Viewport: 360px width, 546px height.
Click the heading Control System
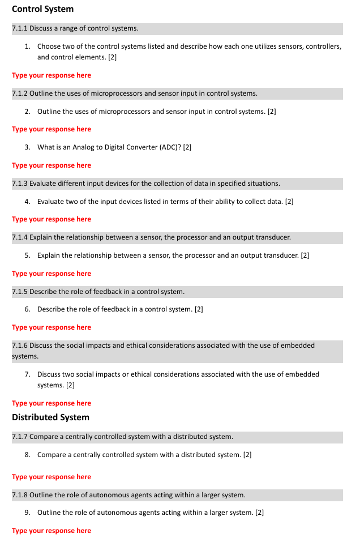pyautogui.click(x=42, y=9)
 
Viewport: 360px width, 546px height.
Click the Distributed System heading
pyautogui.click(x=50, y=417)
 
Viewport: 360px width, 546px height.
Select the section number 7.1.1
pyautogui.click(x=20, y=28)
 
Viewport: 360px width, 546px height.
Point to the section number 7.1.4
pyautogui.click(x=20, y=237)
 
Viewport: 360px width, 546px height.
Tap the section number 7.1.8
pyautogui.click(x=20, y=495)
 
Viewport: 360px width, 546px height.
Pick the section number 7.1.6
pyautogui.click(x=20, y=345)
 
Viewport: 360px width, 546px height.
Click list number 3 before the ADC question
pyautogui.click(x=27, y=147)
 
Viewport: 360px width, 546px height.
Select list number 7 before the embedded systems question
pyautogui.click(x=27, y=374)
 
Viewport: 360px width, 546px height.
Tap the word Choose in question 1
pyautogui.click(x=49, y=46)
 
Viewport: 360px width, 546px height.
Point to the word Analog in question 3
pyautogui.click(x=84, y=147)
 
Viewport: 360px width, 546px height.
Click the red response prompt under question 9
pyautogui.click(x=52, y=531)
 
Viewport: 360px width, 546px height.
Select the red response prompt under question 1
pyautogui.click(x=52, y=75)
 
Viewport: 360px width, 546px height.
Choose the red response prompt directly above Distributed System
pyautogui.click(x=52, y=403)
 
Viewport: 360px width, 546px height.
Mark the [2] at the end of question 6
pyautogui.click(x=199, y=309)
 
